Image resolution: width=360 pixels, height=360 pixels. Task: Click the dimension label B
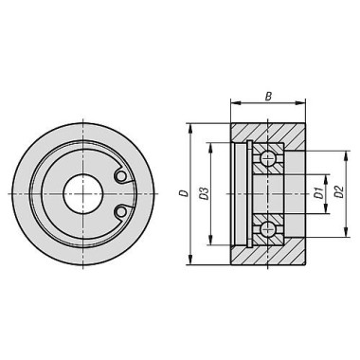click(268, 96)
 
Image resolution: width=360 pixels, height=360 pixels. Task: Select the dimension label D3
click(205, 193)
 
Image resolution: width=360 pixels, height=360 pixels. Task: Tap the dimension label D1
click(320, 193)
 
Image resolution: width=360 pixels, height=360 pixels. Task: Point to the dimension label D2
click(339, 192)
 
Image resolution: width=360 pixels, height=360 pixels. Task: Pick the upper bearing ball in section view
click(267, 158)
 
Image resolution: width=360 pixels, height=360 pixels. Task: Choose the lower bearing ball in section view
click(267, 229)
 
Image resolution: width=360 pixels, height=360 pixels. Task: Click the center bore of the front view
click(82, 193)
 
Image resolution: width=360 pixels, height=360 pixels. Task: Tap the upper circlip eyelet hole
click(120, 176)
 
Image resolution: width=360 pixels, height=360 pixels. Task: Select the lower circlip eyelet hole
click(120, 212)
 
